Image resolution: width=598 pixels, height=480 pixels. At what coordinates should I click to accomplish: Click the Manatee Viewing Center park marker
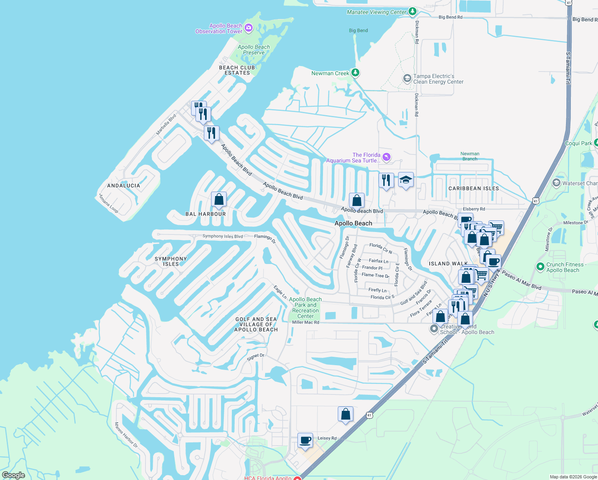(413, 12)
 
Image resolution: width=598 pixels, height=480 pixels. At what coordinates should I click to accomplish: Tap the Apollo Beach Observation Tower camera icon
(249, 28)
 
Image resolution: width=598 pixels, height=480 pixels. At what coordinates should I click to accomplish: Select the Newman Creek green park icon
(355, 73)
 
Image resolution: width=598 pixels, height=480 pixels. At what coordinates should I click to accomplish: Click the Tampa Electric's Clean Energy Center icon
(407, 78)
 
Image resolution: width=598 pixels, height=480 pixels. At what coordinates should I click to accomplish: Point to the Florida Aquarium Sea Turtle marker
(386, 157)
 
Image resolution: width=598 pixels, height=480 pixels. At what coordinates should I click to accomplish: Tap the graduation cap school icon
(406, 180)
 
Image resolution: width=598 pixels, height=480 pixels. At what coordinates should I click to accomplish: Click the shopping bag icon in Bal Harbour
(219, 199)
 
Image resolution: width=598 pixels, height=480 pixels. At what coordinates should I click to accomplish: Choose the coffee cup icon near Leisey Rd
(305, 440)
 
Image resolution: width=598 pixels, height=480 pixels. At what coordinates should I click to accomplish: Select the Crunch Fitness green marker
(540, 266)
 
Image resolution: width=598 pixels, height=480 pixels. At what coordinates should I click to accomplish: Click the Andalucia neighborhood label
(124, 186)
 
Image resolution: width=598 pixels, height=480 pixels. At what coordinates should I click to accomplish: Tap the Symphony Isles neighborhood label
(171, 261)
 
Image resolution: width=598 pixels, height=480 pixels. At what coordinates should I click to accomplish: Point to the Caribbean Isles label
(474, 188)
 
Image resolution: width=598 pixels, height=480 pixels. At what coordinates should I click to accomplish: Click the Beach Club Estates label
(237, 70)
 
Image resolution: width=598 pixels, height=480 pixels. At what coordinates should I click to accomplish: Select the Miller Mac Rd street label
(305, 322)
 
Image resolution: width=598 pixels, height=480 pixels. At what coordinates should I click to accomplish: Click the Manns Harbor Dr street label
(126, 435)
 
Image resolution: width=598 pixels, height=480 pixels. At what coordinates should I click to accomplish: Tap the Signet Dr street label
(255, 357)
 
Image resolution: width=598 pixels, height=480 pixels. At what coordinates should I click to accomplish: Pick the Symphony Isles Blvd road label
(222, 236)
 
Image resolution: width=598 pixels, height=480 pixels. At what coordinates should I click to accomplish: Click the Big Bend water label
(358, 30)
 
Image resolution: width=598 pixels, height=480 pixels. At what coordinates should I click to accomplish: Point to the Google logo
(13, 475)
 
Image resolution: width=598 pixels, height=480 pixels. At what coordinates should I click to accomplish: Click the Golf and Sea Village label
(256, 324)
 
